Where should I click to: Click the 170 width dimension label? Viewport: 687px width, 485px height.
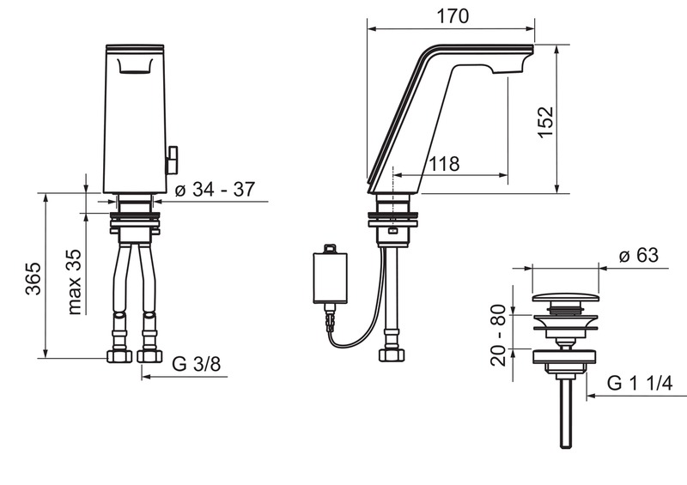(x=453, y=16)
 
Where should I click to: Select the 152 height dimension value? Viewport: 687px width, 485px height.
(x=546, y=122)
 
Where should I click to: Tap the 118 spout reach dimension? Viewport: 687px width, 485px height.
(x=444, y=164)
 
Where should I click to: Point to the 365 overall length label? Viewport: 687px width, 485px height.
(x=33, y=279)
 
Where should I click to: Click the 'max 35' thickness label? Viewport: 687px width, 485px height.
(x=75, y=282)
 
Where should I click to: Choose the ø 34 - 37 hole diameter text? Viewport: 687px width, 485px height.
(x=215, y=190)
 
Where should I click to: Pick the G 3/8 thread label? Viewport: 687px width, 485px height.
(x=197, y=364)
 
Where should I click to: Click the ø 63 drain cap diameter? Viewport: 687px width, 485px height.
(x=639, y=256)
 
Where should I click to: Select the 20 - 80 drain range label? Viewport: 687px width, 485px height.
(x=499, y=335)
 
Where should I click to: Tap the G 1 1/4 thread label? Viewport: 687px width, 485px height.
(x=639, y=384)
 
